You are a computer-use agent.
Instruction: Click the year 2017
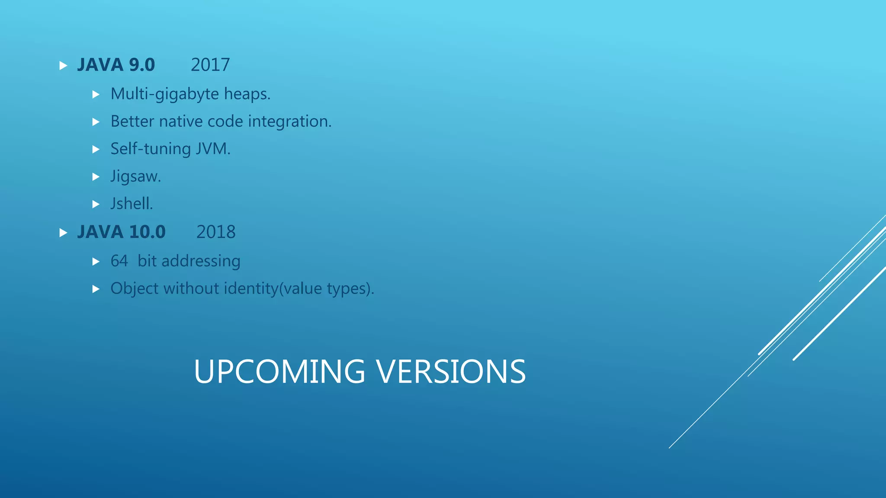tap(210, 65)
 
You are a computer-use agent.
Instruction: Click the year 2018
tap(216, 232)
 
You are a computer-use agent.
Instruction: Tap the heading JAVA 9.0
tap(116, 65)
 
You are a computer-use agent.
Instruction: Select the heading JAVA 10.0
tap(121, 232)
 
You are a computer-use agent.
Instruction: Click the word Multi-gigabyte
tap(165, 94)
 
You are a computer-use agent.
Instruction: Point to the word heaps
tap(247, 94)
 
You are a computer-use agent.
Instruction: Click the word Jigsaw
tap(135, 176)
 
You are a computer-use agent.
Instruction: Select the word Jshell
tap(132, 204)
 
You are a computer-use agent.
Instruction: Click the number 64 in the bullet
tap(119, 261)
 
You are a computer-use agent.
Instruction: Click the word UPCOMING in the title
tap(279, 372)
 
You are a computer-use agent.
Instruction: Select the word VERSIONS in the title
tap(450, 372)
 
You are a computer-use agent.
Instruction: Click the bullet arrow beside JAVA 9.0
tap(63, 66)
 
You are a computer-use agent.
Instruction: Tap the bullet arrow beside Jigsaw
tap(96, 177)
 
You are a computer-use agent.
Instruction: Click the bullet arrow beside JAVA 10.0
tap(63, 233)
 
